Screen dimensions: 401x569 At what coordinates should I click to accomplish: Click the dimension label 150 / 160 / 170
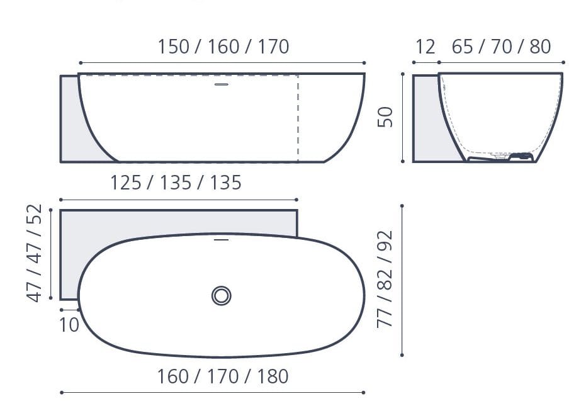pyautogui.click(x=223, y=47)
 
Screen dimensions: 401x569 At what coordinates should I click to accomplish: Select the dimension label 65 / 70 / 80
pyautogui.click(x=501, y=47)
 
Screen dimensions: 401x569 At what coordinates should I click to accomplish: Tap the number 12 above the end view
pyautogui.click(x=425, y=47)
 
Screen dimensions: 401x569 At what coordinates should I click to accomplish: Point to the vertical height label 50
pyautogui.click(x=385, y=117)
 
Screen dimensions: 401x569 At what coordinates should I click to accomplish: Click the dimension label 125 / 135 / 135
pyautogui.click(x=176, y=183)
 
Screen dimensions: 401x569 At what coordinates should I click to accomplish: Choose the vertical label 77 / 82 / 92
pyautogui.click(x=385, y=279)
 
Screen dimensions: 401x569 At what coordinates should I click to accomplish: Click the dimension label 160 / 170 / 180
pyautogui.click(x=223, y=376)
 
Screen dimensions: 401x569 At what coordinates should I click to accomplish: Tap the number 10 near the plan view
pyautogui.click(x=69, y=325)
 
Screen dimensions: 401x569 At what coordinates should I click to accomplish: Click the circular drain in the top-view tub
pyautogui.click(x=221, y=295)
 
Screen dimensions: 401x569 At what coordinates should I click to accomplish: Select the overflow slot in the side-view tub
pyautogui.click(x=221, y=84)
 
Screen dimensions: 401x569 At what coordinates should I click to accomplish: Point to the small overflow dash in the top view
pyautogui.click(x=221, y=240)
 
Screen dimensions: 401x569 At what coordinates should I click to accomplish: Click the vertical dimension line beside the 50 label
pyautogui.click(x=402, y=117)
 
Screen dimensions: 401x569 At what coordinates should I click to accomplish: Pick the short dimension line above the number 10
pyautogui.click(x=69, y=309)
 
